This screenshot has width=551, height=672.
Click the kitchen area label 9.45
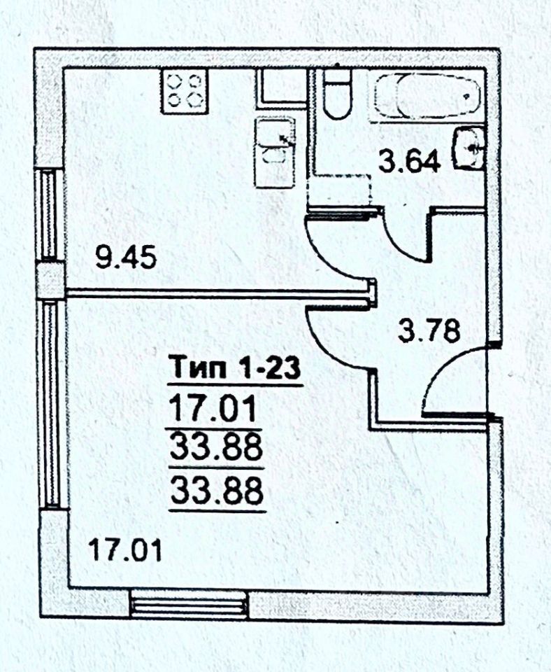click(x=125, y=260)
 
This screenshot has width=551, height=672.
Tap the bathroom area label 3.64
click(x=410, y=162)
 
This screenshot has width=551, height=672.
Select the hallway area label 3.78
click(x=429, y=330)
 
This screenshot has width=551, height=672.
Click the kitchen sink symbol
click(x=275, y=152)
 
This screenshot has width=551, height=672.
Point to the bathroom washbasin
click(x=469, y=148)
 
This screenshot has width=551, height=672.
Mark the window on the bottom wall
click(x=189, y=603)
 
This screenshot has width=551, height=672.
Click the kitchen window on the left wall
click(x=49, y=214)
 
